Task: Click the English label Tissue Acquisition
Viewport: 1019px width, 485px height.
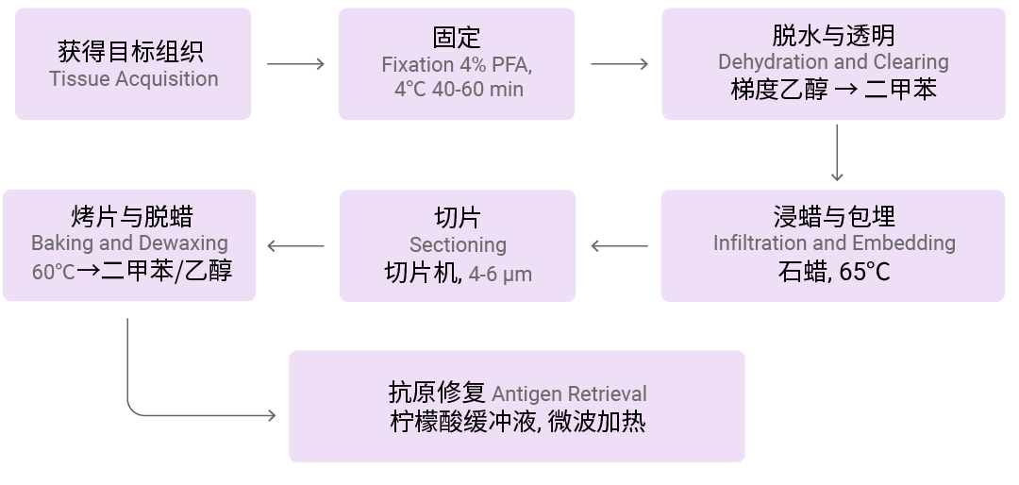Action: tap(133, 79)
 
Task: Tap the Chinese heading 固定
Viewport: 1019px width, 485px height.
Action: tap(457, 38)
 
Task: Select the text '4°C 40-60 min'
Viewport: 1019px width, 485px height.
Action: tap(458, 90)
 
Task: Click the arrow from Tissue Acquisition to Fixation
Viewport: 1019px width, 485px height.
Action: tap(295, 64)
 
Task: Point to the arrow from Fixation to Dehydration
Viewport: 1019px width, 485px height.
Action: tap(619, 64)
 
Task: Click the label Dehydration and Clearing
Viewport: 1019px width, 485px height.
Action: tap(833, 62)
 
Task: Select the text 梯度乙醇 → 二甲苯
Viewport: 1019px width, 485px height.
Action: tap(833, 90)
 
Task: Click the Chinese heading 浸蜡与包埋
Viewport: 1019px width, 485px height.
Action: tap(833, 216)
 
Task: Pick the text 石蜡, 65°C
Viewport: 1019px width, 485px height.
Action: tap(833, 272)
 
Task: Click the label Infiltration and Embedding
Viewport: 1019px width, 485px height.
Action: tap(833, 243)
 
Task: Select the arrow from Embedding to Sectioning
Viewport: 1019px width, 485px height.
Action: tap(619, 246)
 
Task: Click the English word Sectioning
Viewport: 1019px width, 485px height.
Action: tap(458, 245)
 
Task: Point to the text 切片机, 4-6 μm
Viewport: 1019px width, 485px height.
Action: tap(458, 274)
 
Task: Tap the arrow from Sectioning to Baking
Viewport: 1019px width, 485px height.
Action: tap(295, 246)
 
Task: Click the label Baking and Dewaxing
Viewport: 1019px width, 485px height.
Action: tap(129, 243)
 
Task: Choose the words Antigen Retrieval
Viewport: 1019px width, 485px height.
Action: tap(569, 394)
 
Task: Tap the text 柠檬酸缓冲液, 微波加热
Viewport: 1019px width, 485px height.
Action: tap(517, 422)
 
